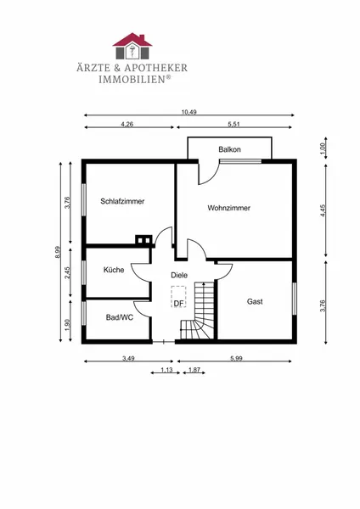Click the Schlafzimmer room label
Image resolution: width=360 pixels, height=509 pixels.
coord(122,201)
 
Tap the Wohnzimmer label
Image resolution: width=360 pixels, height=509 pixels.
coord(228,208)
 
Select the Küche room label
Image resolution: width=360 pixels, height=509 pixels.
coord(114,270)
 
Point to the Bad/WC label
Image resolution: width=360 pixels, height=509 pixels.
coord(120,317)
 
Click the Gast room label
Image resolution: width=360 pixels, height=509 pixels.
coord(255,301)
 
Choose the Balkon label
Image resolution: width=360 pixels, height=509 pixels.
coord(229,149)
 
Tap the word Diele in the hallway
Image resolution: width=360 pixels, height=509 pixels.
coord(179,275)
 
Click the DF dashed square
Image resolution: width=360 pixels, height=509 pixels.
coord(178,297)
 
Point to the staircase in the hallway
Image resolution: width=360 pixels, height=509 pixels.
coord(198,310)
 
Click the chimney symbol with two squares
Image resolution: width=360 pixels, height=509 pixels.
coord(143,240)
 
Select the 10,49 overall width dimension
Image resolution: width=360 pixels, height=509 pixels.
coord(189,112)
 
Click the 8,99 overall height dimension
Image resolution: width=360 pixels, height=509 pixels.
coord(58,252)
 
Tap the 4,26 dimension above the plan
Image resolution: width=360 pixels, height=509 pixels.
coord(127,125)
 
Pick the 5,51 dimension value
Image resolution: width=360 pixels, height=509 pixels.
coord(233,125)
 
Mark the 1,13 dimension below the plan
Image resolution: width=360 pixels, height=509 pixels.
coord(166,370)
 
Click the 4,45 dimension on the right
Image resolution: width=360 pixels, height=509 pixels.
coord(323,210)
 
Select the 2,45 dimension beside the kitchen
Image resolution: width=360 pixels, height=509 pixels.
coord(67,272)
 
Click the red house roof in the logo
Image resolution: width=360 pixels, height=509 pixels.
coord(132,39)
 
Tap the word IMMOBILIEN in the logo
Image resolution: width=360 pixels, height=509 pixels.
coord(132,79)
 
